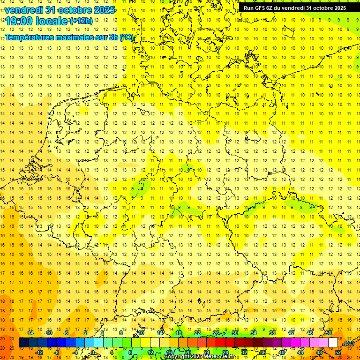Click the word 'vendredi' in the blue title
click(x=22, y=10)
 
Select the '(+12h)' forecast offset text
click(x=81, y=21)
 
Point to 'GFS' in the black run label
click(x=261, y=8)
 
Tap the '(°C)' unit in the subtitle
click(x=127, y=37)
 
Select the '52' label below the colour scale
click(x=338, y=352)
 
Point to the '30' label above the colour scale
click(x=235, y=333)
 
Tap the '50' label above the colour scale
click(x=329, y=333)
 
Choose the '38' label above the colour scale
click(x=272, y=333)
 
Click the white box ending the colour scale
click(x=333, y=343)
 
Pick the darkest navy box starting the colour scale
click(x=23, y=343)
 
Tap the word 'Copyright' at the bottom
click(x=177, y=357)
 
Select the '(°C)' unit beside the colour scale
click(x=348, y=343)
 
